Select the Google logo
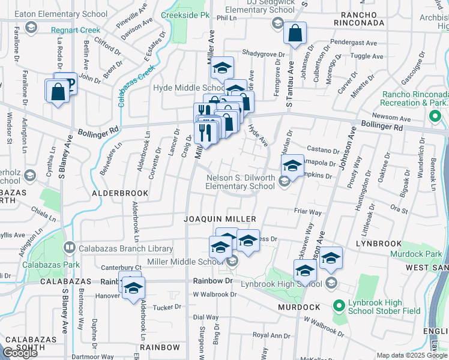tap(20, 353)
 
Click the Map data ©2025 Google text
tap(412, 355)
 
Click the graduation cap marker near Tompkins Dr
tap(292, 166)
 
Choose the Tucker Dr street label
tap(167, 307)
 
